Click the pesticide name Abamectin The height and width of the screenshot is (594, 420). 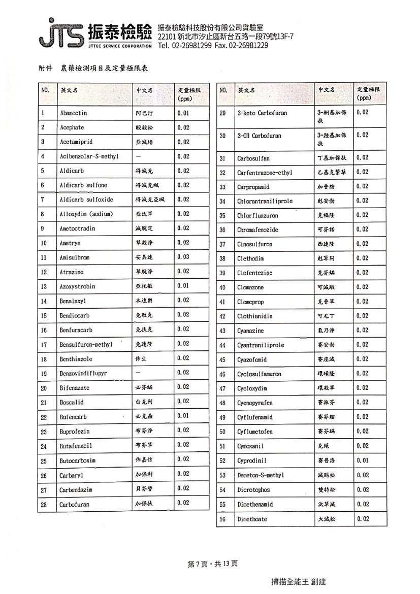coord(74,113)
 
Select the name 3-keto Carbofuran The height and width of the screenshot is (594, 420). coord(262,113)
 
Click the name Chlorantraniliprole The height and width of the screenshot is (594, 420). coord(265,201)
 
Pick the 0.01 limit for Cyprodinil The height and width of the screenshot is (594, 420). coord(363,460)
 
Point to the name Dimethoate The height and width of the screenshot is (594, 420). coord(252,519)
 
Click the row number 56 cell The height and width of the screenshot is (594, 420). coord(222,519)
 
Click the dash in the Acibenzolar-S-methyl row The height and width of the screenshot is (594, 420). coord(138,156)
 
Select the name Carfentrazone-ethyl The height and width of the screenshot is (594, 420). coord(265,173)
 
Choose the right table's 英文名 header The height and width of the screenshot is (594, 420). coord(246,90)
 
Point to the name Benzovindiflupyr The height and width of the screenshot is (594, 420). coord(84,373)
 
